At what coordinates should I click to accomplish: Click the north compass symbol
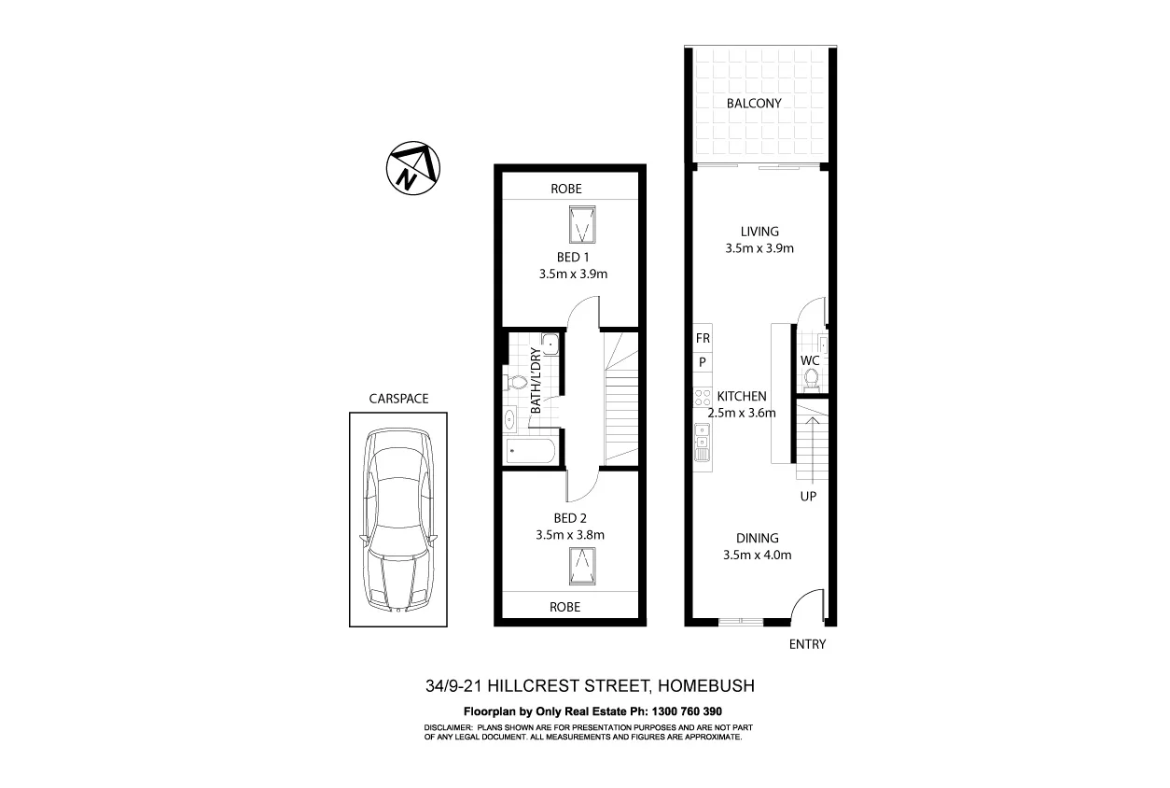(x=413, y=169)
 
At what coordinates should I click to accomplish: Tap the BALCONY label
(x=754, y=104)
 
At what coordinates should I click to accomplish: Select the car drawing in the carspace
(x=397, y=519)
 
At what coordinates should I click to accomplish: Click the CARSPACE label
(x=398, y=399)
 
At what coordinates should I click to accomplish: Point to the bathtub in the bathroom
(x=531, y=453)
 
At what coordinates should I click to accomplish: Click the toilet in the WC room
(x=812, y=378)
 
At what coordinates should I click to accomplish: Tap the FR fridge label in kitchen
(x=703, y=338)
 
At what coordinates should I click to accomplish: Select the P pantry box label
(x=703, y=362)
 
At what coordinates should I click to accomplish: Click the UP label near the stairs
(x=808, y=497)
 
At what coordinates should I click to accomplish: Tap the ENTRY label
(x=807, y=644)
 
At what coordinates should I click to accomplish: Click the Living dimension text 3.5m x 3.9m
(x=759, y=249)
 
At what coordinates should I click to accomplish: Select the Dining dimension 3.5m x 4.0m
(x=757, y=556)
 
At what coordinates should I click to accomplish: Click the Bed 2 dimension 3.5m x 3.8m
(x=570, y=535)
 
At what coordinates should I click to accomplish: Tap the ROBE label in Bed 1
(x=565, y=188)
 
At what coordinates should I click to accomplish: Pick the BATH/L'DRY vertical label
(x=536, y=380)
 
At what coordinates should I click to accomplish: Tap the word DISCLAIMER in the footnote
(x=450, y=726)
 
